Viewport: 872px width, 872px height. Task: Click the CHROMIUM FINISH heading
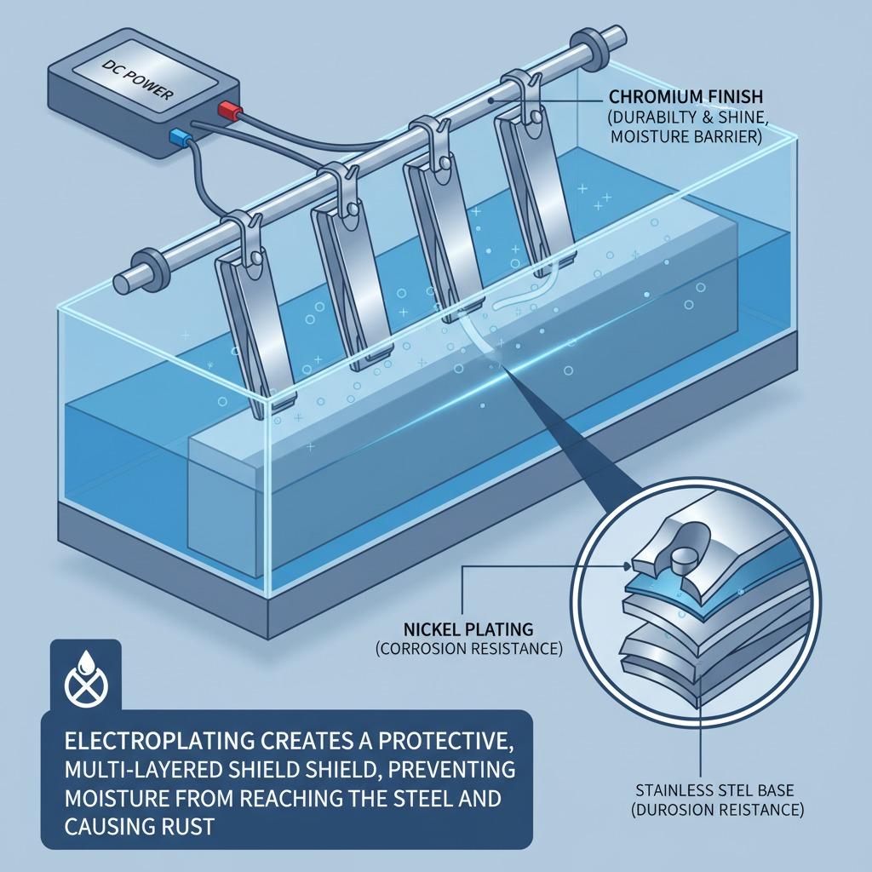(686, 97)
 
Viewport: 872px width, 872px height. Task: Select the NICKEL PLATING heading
(468, 629)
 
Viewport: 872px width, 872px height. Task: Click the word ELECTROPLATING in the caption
(160, 742)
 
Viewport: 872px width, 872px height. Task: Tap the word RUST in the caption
(186, 826)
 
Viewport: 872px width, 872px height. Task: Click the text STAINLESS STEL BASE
(714, 789)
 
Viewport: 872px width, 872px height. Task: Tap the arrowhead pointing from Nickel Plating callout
(627, 566)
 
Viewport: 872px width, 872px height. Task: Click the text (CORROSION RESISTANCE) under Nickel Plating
(469, 648)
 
